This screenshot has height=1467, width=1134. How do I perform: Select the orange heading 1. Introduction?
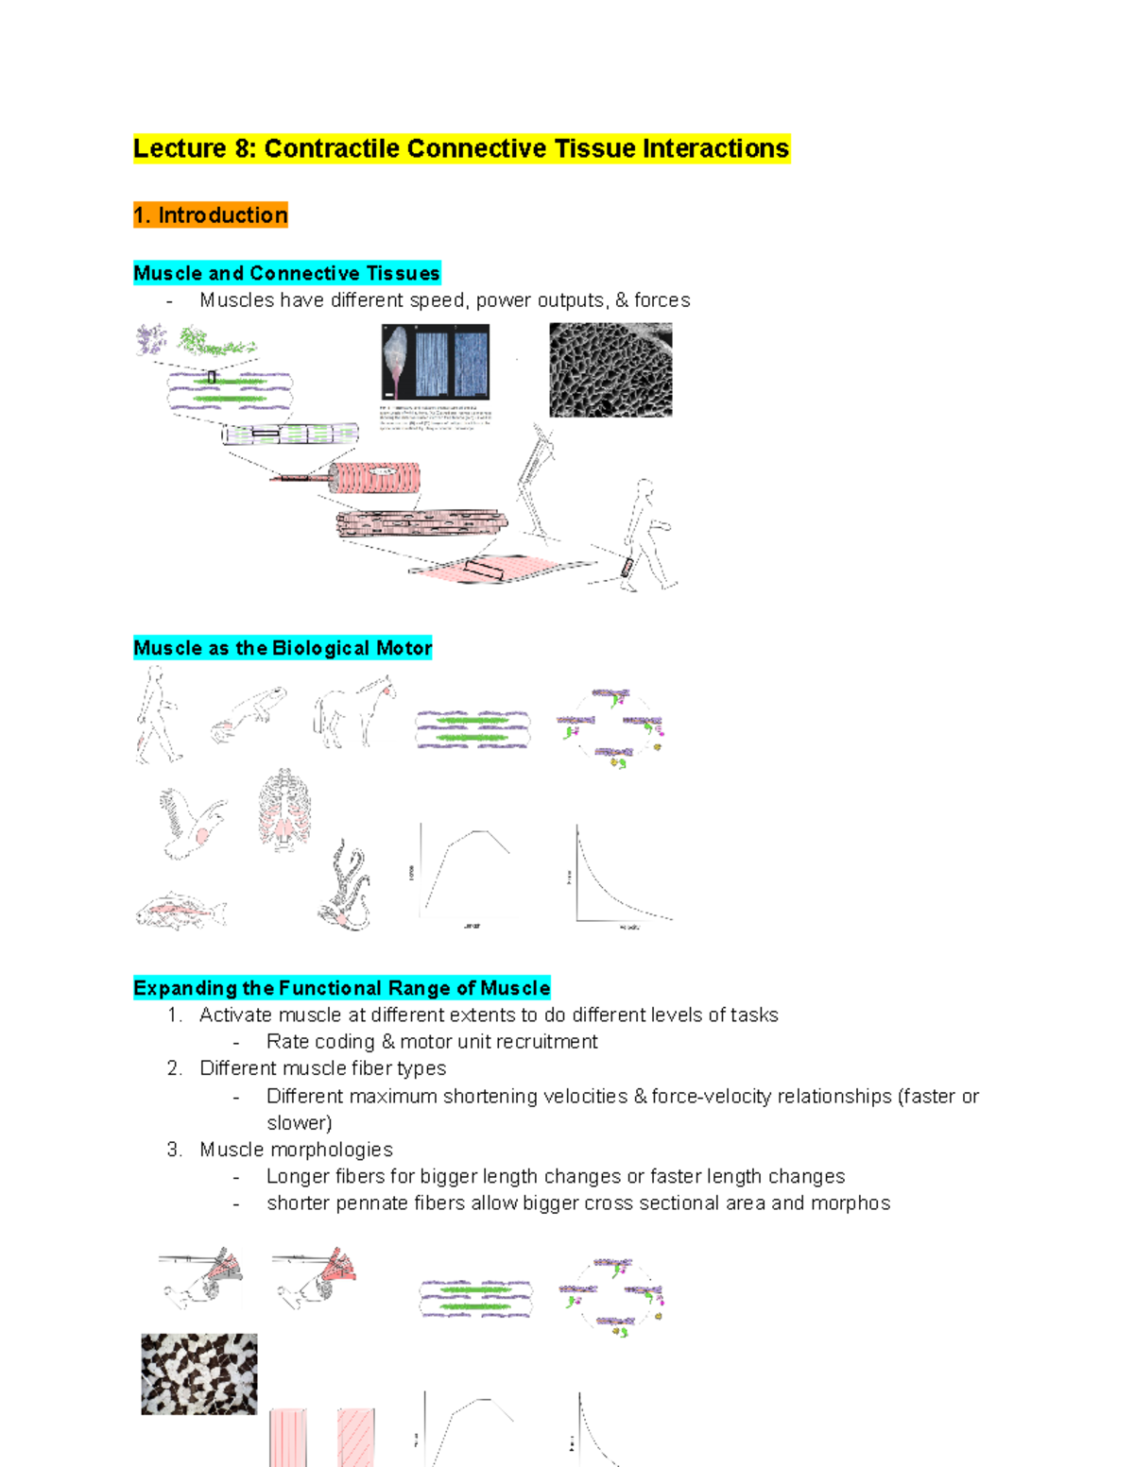tap(211, 215)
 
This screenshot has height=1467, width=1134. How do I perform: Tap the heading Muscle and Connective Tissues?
tap(286, 273)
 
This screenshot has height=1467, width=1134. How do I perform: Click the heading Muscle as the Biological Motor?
tap(283, 648)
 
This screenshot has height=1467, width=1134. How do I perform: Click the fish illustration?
tap(180, 912)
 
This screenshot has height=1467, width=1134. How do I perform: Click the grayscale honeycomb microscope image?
tap(610, 369)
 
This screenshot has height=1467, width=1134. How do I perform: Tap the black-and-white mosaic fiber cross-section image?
tap(198, 1373)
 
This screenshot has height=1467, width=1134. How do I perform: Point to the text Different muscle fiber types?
tap(322, 1068)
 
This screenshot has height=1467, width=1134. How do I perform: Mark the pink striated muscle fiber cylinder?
tap(375, 479)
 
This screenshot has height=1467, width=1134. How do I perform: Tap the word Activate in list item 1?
tap(234, 1015)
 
